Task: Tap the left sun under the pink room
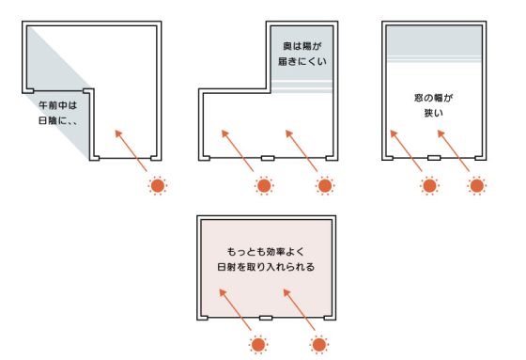[256, 345]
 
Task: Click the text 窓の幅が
[433, 98]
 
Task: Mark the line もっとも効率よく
[264, 252]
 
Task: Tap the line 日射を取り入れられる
[264, 267]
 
